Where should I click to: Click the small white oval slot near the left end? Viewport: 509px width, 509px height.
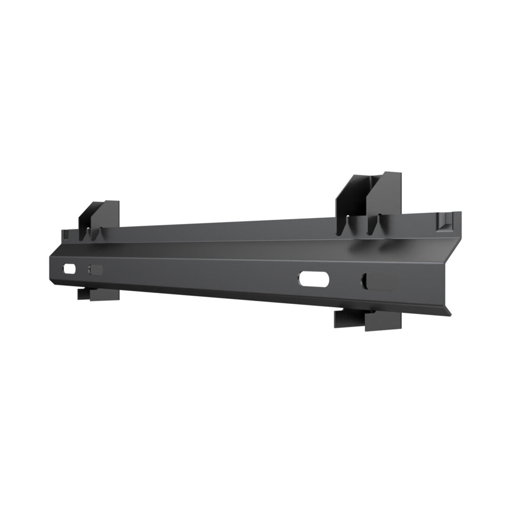69,269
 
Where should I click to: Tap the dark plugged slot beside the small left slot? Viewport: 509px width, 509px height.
96,270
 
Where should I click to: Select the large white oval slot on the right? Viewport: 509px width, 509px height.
315,278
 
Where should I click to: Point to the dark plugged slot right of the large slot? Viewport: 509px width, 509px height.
380,281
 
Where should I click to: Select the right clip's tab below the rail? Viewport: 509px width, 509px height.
368,320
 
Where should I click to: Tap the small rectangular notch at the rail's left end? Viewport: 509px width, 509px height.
66,232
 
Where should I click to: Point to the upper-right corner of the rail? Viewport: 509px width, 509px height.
460,213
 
